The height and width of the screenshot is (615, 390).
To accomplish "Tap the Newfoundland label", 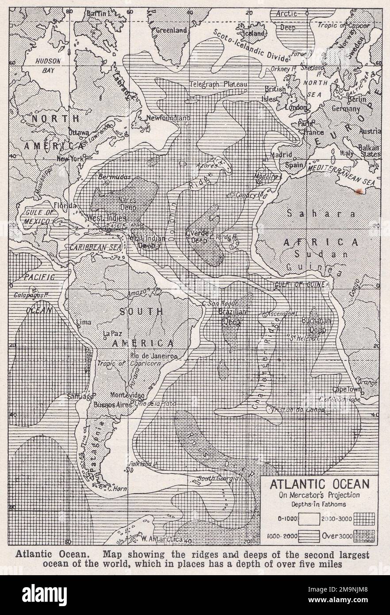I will pyautogui.click(x=169, y=118).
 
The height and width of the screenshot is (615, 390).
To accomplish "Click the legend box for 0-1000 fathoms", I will pyautogui.click(x=312, y=517).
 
